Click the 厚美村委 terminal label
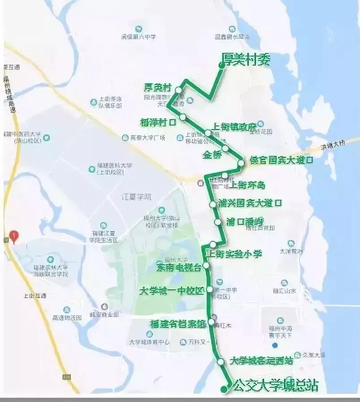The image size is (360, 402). point(246,60)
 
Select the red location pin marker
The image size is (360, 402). point(14,235)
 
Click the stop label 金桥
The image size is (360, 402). point(212,155)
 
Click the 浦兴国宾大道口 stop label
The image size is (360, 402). point(249,203)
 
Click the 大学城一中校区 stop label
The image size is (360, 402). point(171,290)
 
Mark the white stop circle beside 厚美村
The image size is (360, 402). point(179,90)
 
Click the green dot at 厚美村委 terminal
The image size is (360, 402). point(221,65)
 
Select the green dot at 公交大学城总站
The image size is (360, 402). point(223,389)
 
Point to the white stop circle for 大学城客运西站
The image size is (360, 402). point(220,361)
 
